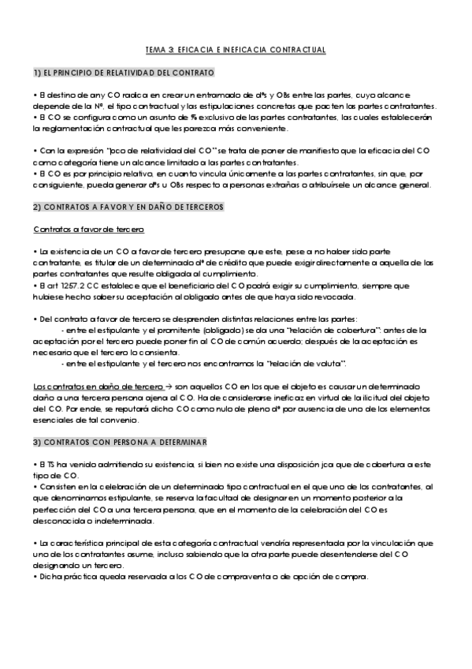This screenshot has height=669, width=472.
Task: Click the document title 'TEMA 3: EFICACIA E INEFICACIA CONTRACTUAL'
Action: click(236, 50)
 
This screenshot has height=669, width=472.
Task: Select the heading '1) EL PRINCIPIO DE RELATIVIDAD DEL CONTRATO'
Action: click(124, 73)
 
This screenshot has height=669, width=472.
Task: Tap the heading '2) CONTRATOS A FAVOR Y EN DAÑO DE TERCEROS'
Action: click(129, 207)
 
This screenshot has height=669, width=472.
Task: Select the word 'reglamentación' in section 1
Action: click(72, 129)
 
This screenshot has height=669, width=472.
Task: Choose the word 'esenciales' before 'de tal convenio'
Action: click(53, 420)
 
